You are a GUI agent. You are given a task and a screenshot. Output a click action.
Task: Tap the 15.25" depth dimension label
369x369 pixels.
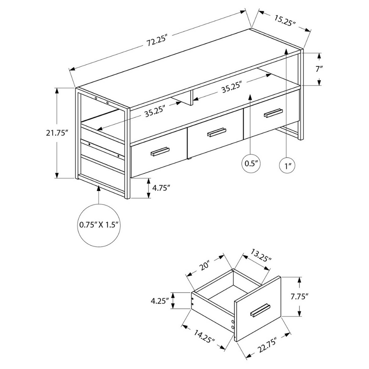[x=285, y=21]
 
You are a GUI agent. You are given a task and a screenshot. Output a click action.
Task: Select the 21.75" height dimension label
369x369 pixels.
[x=57, y=133]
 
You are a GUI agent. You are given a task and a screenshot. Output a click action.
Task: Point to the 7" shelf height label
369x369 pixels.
[x=319, y=69]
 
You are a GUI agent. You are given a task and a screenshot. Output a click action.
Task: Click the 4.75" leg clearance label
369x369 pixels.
[x=161, y=188]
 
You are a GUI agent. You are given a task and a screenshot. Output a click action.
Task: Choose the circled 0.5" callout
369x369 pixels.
[x=251, y=164]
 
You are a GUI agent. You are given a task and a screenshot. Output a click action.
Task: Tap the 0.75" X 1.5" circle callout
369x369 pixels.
[x=99, y=225]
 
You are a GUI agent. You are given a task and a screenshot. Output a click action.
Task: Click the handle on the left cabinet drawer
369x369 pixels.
[x=160, y=151]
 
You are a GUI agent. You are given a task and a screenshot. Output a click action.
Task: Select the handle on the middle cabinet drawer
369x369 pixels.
[x=217, y=132]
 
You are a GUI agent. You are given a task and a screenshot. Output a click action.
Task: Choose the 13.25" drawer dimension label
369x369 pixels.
[x=261, y=256]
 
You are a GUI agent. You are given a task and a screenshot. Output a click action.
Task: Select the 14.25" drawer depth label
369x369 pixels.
[x=204, y=337]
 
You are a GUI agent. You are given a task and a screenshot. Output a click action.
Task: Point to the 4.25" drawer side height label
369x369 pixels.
[x=160, y=301]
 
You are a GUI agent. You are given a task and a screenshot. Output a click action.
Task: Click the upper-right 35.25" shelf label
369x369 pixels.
[x=232, y=87]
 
